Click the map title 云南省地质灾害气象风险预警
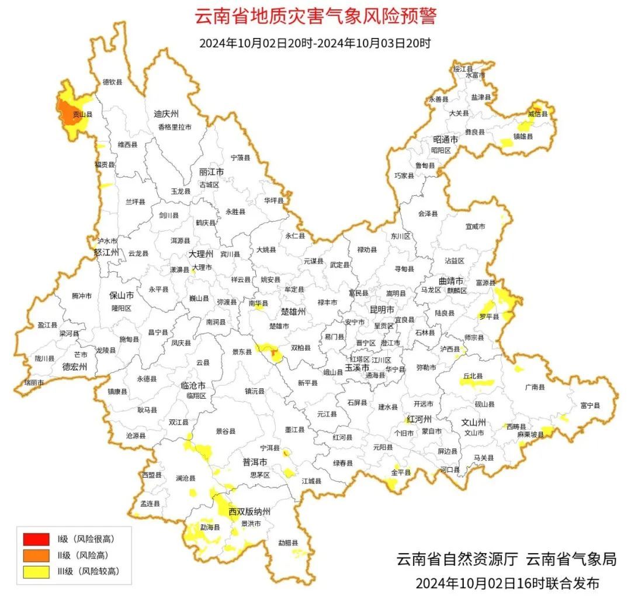315,16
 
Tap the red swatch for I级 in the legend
36,538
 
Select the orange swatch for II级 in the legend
36,555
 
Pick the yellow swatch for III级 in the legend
36,572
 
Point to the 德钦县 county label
113,82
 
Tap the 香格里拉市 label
174,127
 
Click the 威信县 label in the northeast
538,114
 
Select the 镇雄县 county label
523,136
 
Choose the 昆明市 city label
382,309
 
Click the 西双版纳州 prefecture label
249,512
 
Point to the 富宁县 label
590,405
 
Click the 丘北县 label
473,377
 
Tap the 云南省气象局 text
571,559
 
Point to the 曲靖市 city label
451,281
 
